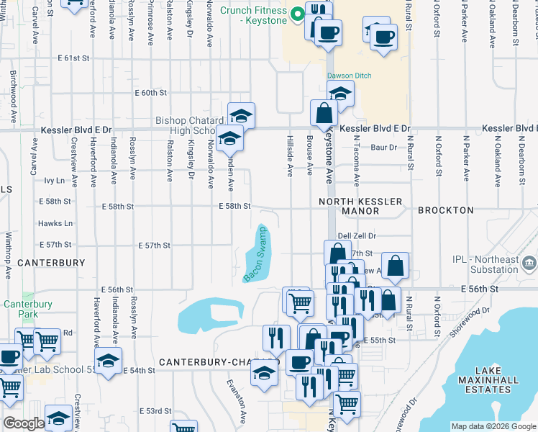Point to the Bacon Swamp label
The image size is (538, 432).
[x=255, y=254]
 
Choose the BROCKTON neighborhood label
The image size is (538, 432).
[x=446, y=210]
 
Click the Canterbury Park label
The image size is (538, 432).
[x=27, y=309]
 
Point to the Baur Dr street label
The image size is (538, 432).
[x=383, y=148]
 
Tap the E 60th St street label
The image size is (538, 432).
[x=150, y=93]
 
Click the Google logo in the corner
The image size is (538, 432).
[x=24, y=424]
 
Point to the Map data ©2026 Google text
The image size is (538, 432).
[x=493, y=426]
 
